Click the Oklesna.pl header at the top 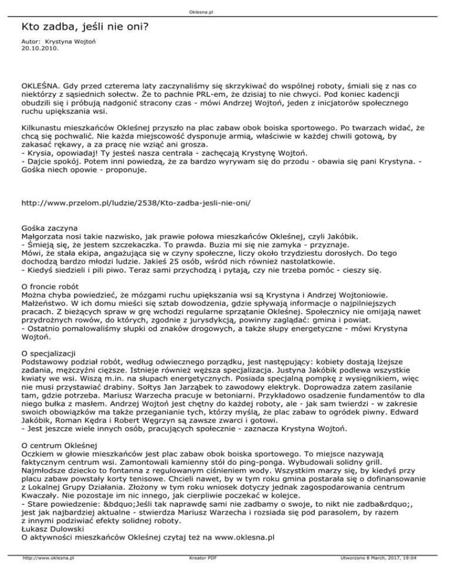click(x=225, y=11)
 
